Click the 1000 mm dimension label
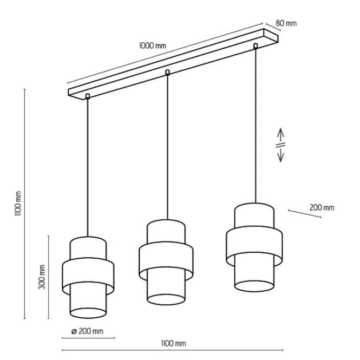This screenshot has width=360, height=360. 153,45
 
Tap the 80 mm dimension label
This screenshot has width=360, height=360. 286,23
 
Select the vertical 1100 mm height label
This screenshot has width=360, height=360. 18,203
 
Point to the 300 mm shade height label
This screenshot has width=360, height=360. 42,277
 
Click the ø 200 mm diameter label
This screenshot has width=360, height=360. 87,331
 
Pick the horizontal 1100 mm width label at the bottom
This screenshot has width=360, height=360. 173,343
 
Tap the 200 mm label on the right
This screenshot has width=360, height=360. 322,207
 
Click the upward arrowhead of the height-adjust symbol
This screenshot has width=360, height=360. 280,133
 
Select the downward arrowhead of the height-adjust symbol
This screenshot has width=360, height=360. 280,158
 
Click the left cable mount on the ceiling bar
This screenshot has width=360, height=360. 88,96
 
